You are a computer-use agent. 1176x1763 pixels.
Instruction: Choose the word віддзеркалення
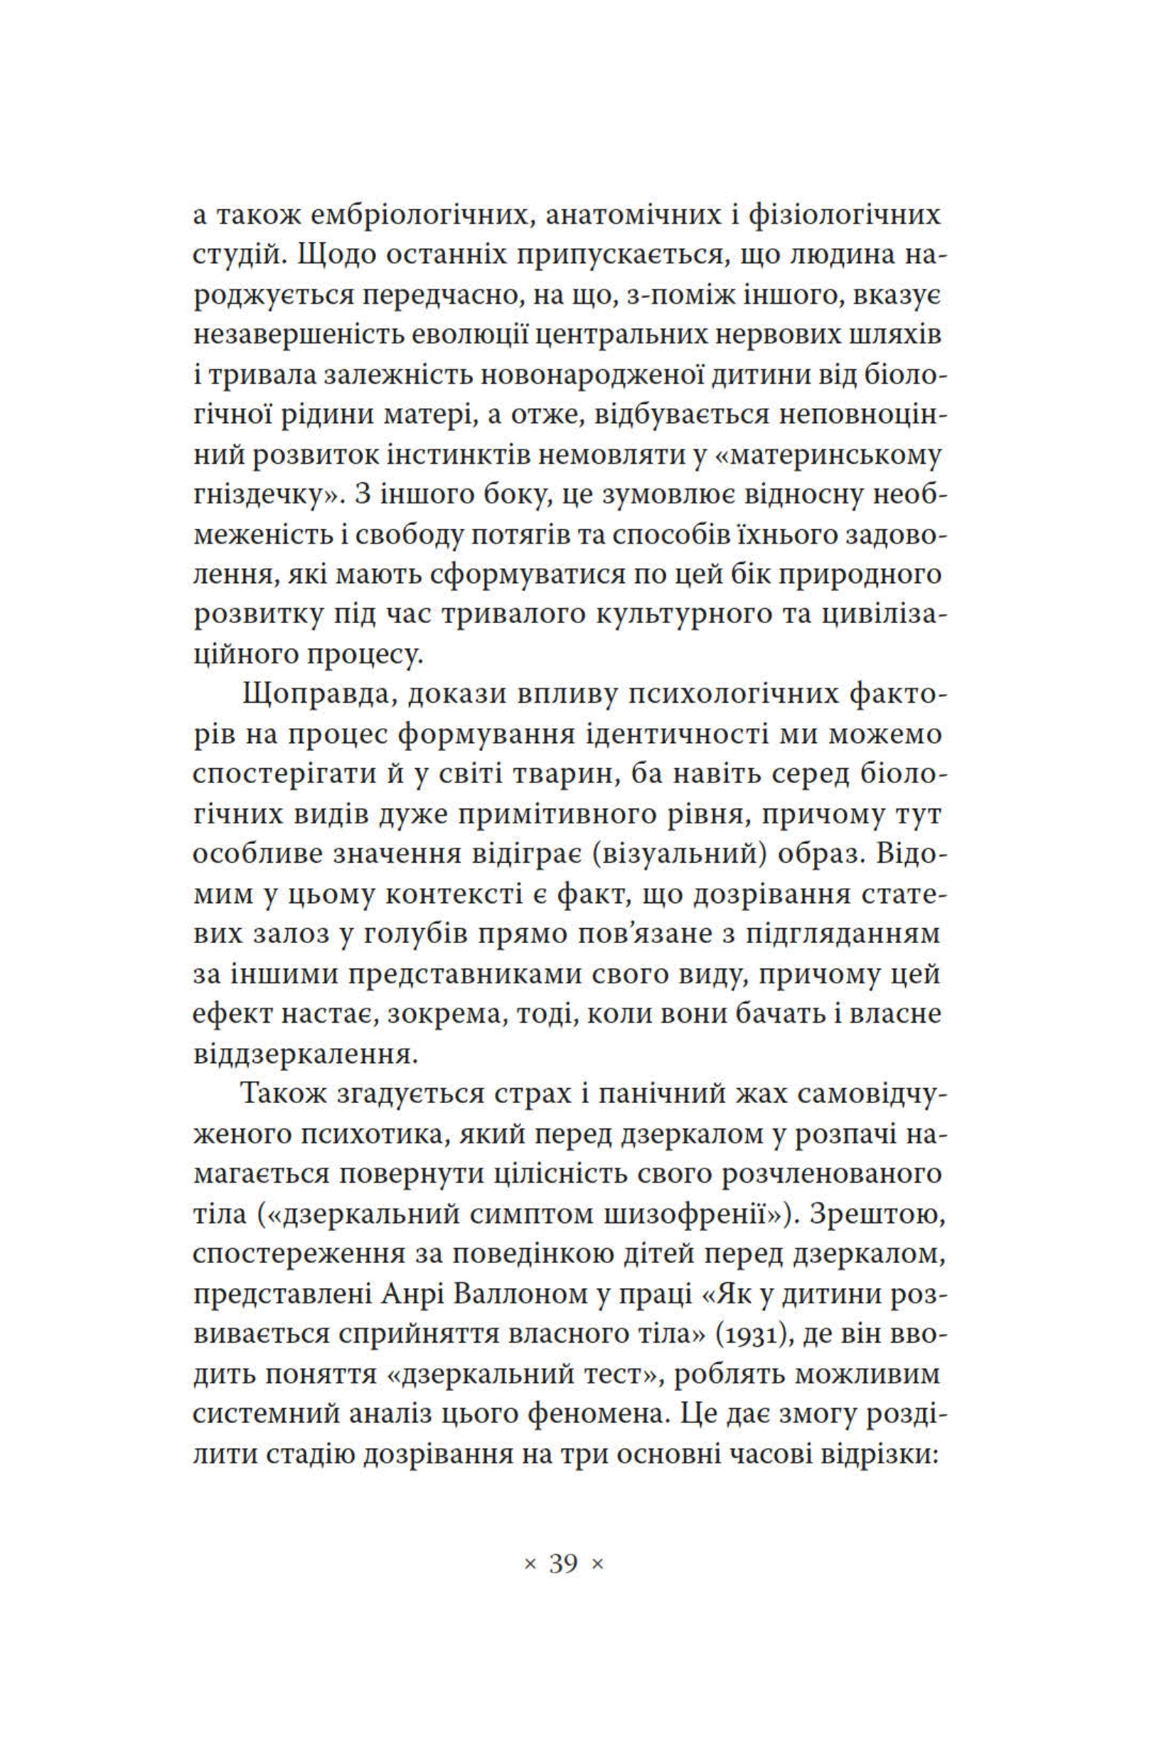pos(304,1055)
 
